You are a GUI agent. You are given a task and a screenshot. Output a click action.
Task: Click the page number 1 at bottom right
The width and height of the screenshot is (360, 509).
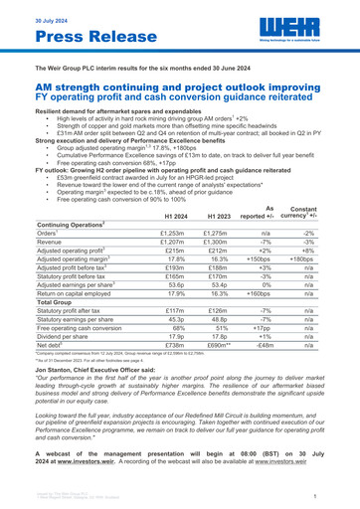click(340, 494)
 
